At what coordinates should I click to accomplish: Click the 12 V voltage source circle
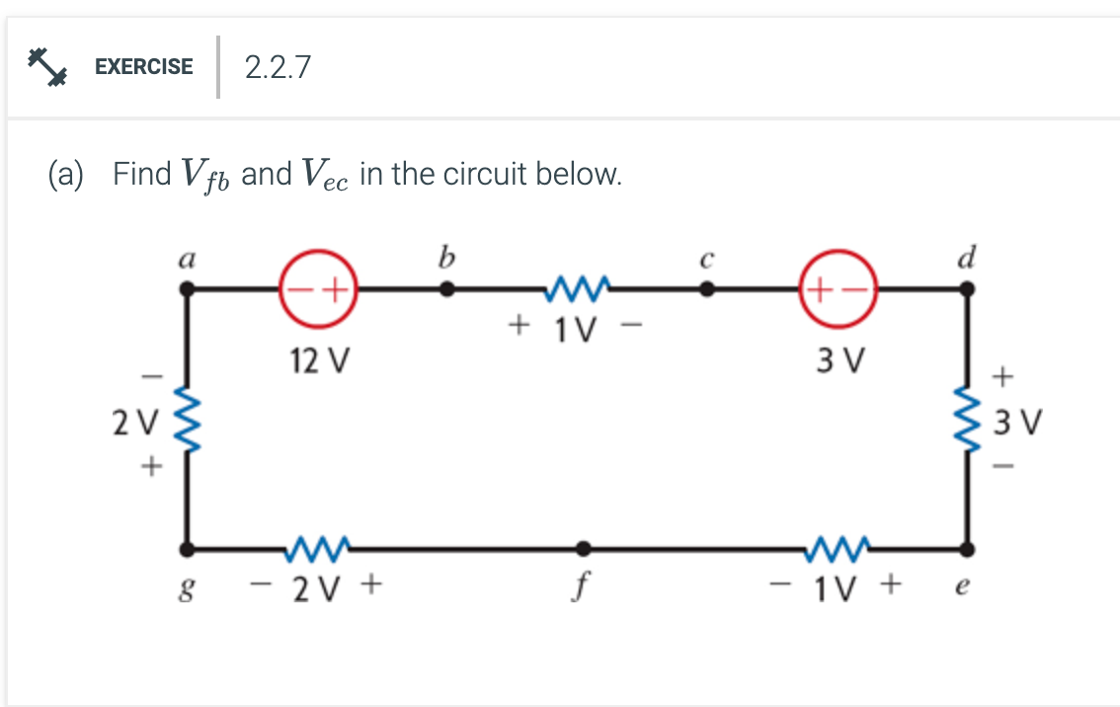319,289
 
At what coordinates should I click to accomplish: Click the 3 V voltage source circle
838,289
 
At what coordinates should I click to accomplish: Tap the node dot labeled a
188,289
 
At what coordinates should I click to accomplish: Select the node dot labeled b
447,289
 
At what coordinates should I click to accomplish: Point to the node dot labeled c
706,289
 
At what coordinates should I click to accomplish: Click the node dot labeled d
967,289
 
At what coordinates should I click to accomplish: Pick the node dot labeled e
967,548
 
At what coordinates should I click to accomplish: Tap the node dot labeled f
584,548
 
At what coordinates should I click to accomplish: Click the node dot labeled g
188,548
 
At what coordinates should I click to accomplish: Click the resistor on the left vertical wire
187,418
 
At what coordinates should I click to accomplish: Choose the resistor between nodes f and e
837,546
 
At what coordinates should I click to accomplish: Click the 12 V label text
319,361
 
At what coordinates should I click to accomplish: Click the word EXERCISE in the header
144,67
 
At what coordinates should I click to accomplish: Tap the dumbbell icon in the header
45,66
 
